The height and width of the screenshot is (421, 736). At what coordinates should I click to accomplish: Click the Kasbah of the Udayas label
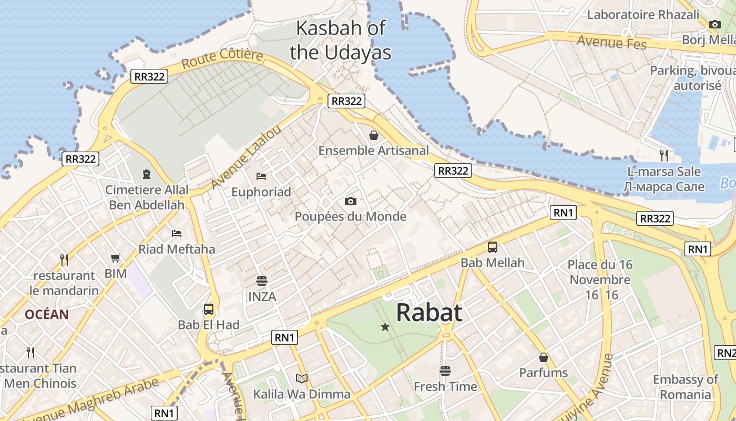(341, 41)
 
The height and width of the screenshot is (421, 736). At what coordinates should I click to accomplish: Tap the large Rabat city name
(429, 312)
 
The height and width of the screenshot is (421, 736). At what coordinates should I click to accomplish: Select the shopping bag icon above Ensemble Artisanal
(373, 135)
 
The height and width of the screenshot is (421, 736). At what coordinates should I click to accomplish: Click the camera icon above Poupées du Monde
(350, 201)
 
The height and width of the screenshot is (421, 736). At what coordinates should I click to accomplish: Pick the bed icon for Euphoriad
(261, 176)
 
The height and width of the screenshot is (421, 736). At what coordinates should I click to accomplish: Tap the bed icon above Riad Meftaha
(177, 233)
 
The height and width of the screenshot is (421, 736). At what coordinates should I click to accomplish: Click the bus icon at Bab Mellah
(493, 247)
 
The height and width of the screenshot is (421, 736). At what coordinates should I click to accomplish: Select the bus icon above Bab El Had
(209, 309)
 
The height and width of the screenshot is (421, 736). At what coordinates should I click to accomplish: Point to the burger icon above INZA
(262, 280)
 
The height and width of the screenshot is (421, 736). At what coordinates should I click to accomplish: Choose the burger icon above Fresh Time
(445, 370)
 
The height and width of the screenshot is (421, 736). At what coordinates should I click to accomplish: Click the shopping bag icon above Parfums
(544, 357)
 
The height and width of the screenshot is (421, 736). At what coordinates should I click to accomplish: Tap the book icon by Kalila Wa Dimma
(302, 378)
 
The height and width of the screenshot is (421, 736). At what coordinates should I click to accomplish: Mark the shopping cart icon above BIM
(116, 258)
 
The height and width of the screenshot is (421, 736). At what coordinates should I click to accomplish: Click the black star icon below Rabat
(385, 327)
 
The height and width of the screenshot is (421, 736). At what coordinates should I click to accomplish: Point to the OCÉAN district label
(47, 315)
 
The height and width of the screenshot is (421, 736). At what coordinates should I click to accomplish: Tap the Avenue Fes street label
(611, 42)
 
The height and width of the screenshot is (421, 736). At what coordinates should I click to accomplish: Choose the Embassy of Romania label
(685, 387)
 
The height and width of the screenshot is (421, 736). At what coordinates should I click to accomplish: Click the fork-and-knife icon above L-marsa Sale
(664, 155)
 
